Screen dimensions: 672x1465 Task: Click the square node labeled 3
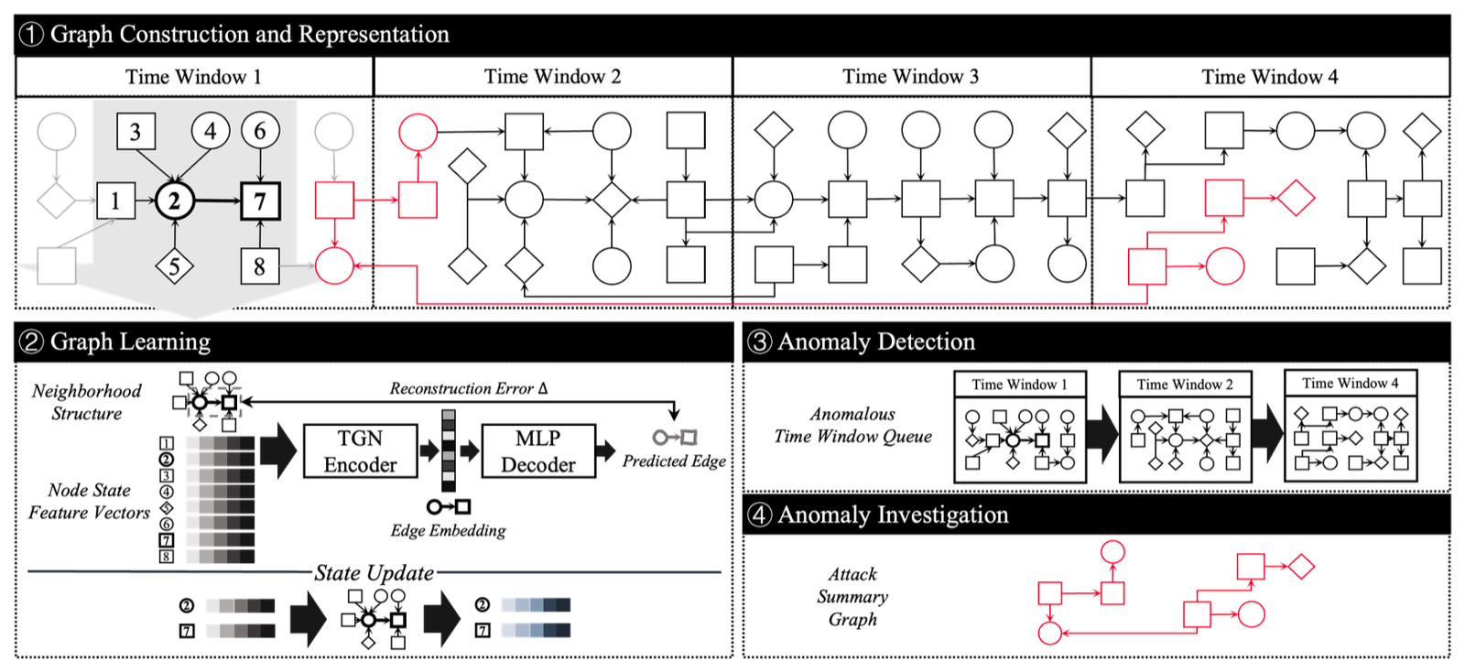pos(136,132)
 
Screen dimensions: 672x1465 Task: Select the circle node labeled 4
pos(210,132)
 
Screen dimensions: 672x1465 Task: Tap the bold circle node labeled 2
pos(174,201)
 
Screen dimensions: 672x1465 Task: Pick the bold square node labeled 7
pos(260,201)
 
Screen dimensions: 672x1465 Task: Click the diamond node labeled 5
pos(174,266)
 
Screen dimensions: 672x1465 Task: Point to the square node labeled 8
pos(259,266)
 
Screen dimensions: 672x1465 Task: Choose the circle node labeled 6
pos(260,132)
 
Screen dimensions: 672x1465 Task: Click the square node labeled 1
pos(115,201)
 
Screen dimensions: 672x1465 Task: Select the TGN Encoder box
pos(360,451)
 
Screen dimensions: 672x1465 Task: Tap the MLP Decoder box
pos(538,451)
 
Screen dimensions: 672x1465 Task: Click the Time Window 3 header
pos(910,77)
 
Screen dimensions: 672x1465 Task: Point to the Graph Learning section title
pos(130,341)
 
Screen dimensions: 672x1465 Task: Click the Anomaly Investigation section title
pos(893,515)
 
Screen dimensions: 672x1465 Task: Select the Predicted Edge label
pos(674,461)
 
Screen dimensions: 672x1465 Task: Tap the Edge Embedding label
pos(448,531)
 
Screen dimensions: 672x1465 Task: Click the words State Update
pos(374,573)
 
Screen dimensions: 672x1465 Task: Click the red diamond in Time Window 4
pos(1296,199)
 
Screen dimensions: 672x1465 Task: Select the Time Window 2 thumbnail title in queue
pos(1185,385)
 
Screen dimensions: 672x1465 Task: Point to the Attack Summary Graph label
pos(852,597)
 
